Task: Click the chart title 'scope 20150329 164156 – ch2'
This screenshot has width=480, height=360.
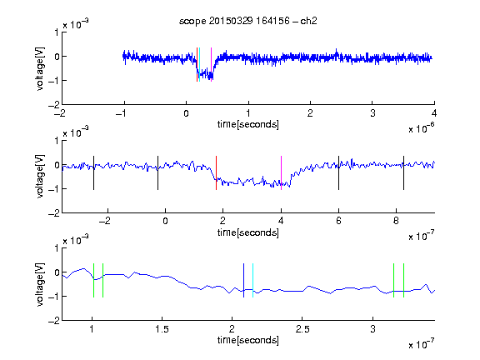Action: tap(248, 21)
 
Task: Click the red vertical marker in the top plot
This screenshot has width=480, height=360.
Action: tap(197, 65)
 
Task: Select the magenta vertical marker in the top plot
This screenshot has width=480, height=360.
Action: tap(211, 65)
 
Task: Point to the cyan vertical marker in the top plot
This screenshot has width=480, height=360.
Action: tap(200, 65)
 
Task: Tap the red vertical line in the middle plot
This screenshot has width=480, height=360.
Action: tap(216, 173)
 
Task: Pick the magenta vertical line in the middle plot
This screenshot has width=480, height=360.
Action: tap(282, 173)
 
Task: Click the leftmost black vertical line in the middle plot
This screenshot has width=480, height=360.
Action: tap(93, 173)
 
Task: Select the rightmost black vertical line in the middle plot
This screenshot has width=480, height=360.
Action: tap(403, 173)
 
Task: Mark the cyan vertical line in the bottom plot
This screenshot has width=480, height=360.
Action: tap(252, 280)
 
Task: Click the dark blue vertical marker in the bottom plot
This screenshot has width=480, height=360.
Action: tap(243, 280)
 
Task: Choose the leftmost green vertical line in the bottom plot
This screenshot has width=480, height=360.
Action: tap(93, 280)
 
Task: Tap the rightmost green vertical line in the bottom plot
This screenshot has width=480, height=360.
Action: tap(404, 280)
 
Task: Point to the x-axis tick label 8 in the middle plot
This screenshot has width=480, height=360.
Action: tap(396, 221)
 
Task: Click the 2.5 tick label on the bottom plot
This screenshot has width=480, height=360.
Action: tap(302, 329)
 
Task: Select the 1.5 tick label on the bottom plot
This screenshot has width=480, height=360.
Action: tap(162, 329)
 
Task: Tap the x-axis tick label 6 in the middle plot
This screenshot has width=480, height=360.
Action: tap(338, 221)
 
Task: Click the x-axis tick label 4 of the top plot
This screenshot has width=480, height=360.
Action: tap(434, 113)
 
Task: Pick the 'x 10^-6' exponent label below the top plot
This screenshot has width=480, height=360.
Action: tap(421, 128)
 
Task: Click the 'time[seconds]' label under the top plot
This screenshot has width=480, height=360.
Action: tap(248, 124)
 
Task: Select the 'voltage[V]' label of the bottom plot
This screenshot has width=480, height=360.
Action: tap(40, 284)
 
